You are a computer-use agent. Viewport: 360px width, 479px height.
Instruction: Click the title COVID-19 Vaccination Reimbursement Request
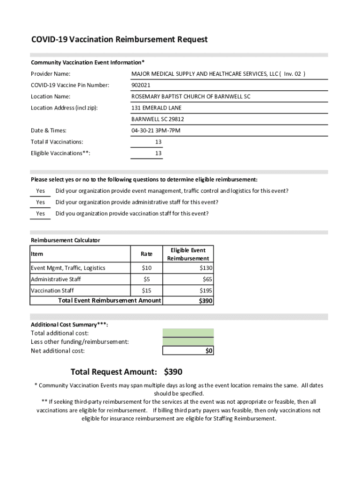point(119,40)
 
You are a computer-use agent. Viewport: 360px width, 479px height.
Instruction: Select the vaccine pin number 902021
point(141,85)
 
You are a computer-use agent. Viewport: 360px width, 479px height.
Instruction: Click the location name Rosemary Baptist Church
point(191,96)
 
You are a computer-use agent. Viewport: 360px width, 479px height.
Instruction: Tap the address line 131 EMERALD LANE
point(156,108)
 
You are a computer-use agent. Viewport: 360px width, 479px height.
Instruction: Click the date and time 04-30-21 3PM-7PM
point(156,131)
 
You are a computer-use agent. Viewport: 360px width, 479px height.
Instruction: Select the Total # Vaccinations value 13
point(158,142)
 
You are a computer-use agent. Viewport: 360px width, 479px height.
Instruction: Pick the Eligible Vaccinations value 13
point(158,153)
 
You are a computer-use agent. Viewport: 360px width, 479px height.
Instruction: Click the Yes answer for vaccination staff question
point(41,214)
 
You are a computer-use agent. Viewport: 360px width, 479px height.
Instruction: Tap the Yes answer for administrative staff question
point(41,202)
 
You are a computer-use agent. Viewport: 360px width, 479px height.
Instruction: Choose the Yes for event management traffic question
point(41,191)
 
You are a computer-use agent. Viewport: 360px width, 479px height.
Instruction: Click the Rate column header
point(146,254)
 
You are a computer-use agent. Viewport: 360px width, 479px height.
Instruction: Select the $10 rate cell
point(146,268)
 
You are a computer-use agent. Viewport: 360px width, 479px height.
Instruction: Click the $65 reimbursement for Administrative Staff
point(207,279)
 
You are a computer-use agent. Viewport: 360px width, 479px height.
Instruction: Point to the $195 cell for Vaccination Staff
point(206,290)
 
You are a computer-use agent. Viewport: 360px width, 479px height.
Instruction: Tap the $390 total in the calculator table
point(206,301)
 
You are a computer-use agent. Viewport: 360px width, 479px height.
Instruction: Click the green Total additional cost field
point(188,333)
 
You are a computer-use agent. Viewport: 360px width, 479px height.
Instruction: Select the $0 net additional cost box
point(188,351)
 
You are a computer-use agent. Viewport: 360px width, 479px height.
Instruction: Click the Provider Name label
point(50,74)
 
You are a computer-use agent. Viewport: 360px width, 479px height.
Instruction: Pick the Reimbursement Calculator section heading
point(65,240)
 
